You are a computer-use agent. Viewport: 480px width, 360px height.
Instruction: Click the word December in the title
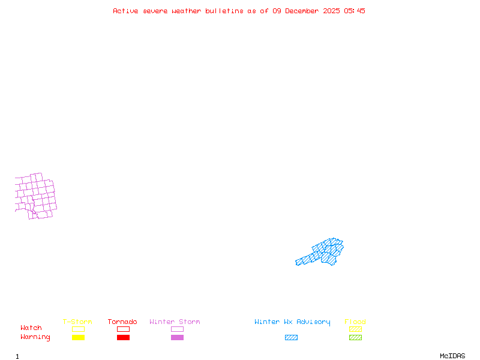[x=302, y=11]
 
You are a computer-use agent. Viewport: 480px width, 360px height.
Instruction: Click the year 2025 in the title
[x=332, y=11]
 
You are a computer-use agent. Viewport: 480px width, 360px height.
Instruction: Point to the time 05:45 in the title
[x=355, y=11]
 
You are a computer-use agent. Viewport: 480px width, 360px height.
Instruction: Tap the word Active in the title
[x=125, y=11]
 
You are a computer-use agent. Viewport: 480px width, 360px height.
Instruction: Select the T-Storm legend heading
[x=77, y=322]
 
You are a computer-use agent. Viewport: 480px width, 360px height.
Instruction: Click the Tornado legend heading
[x=122, y=322]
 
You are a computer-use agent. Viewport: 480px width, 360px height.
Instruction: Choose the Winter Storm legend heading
[x=175, y=322]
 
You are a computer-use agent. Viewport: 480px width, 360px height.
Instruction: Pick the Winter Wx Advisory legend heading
[x=292, y=322]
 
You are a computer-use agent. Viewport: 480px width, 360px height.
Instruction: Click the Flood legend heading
[x=355, y=322]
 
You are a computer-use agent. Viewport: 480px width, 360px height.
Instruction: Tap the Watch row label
[x=31, y=328]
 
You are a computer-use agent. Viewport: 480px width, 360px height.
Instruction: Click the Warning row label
[x=35, y=337]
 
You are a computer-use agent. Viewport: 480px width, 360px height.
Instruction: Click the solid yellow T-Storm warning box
[x=79, y=337]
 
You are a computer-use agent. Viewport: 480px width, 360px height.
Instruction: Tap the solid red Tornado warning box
[x=124, y=337]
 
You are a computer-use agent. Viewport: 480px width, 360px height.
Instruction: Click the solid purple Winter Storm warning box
[x=177, y=337]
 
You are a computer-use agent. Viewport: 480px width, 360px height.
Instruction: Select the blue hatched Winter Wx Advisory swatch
[x=291, y=337]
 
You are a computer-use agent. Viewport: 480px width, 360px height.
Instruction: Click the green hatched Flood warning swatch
[x=355, y=337]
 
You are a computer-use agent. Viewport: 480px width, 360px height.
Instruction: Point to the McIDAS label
[x=452, y=356]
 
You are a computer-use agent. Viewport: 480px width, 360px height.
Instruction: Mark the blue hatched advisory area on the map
[x=325, y=253]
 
